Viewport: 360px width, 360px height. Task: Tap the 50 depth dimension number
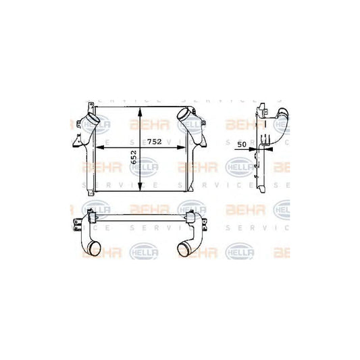click(x=241, y=145)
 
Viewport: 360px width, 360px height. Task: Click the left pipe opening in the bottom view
click(x=89, y=253)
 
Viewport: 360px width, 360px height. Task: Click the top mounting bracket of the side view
click(x=261, y=111)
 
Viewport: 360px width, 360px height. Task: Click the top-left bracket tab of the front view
click(x=88, y=108)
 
